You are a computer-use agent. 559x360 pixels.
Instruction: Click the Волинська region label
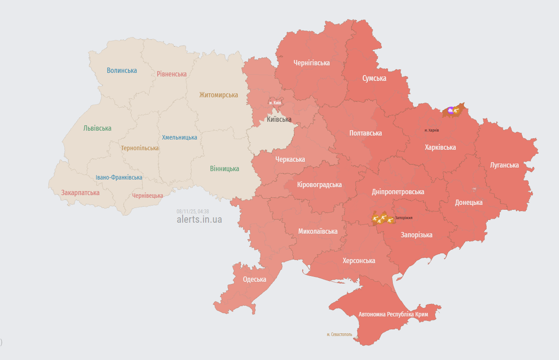pos(122,70)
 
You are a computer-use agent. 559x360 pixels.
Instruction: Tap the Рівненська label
pos(172,74)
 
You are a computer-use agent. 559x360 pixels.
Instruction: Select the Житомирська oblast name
pos(218,95)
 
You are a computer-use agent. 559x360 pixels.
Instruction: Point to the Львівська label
pos(97,128)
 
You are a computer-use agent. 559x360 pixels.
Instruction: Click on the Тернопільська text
pos(140,148)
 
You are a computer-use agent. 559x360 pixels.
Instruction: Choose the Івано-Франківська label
pos(119,177)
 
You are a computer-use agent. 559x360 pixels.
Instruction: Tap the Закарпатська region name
pos(80,193)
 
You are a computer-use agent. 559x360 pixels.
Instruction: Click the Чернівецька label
pos(148,196)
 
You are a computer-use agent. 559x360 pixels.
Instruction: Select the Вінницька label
pos(224,168)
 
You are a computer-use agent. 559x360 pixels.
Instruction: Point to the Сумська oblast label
pos(374,78)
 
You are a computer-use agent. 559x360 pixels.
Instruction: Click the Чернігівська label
pos(311,63)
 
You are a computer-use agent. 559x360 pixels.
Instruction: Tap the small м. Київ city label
pos(275,103)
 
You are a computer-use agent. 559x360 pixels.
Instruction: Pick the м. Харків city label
pos(431,130)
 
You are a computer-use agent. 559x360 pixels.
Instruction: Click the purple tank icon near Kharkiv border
pos(451,110)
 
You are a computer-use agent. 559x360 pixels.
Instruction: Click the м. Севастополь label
pos(339,334)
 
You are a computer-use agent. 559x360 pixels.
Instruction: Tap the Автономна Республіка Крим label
pos(393,314)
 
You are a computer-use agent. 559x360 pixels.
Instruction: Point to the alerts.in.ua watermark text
pos(199,219)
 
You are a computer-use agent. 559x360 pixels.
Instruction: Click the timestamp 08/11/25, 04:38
pos(192,212)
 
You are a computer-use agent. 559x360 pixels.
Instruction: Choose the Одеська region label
pos(255,279)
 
